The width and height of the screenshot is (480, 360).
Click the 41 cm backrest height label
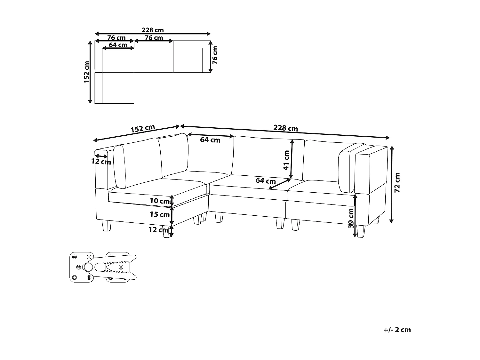286,160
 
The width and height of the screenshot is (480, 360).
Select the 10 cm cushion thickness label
160,201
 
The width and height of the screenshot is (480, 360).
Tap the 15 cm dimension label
160,214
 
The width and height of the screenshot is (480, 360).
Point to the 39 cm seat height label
351,218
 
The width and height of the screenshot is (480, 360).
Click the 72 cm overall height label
397,182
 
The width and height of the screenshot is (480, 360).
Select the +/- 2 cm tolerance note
397,330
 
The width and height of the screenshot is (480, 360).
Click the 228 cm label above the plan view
153,30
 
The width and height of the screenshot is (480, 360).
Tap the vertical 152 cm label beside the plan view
87,72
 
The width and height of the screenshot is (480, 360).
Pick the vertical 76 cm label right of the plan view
215,55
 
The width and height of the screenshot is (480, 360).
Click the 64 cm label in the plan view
118,45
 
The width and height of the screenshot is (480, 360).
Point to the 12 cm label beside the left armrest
101,161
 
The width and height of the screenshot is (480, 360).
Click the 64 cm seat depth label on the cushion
266,181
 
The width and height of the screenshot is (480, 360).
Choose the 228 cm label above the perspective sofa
285,128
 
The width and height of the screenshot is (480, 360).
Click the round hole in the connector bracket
89,267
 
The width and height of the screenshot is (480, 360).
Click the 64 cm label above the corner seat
210,140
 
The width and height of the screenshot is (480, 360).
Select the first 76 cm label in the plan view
116,38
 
